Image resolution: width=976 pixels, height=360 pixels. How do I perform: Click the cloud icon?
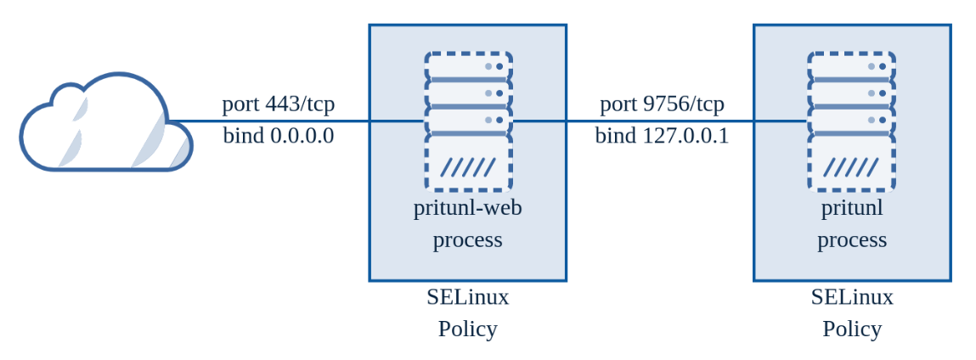click(x=106, y=124)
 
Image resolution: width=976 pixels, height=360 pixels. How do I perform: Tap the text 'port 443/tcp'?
click(x=279, y=104)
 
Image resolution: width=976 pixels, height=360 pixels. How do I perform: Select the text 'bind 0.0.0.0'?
click(x=279, y=136)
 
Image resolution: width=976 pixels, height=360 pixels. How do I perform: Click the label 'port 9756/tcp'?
click(x=662, y=104)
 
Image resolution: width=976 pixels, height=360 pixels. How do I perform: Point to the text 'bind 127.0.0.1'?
click(x=662, y=136)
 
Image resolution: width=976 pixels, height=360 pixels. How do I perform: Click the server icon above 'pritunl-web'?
click(x=468, y=121)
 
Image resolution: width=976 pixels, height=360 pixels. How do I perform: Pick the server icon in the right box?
click(x=851, y=121)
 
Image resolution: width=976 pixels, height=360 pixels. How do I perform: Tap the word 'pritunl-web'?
click(x=468, y=208)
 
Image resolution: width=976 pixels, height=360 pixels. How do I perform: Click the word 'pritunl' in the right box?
click(x=852, y=208)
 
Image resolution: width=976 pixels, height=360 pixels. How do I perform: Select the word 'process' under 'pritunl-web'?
click(x=468, y=240)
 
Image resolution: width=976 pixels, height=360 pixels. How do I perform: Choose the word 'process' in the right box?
click(x=852, y=240)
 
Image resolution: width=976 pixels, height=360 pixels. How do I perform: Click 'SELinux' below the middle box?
click(x=468, y=297)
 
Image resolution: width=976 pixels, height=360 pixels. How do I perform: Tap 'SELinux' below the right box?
click(x=852, y=297)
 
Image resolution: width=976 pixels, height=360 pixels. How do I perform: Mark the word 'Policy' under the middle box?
click(x=468, y=329)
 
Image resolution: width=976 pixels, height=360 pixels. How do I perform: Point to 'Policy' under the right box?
click(x=852, y=329)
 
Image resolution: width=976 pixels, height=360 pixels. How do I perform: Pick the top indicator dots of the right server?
click(x=877, y=65)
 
